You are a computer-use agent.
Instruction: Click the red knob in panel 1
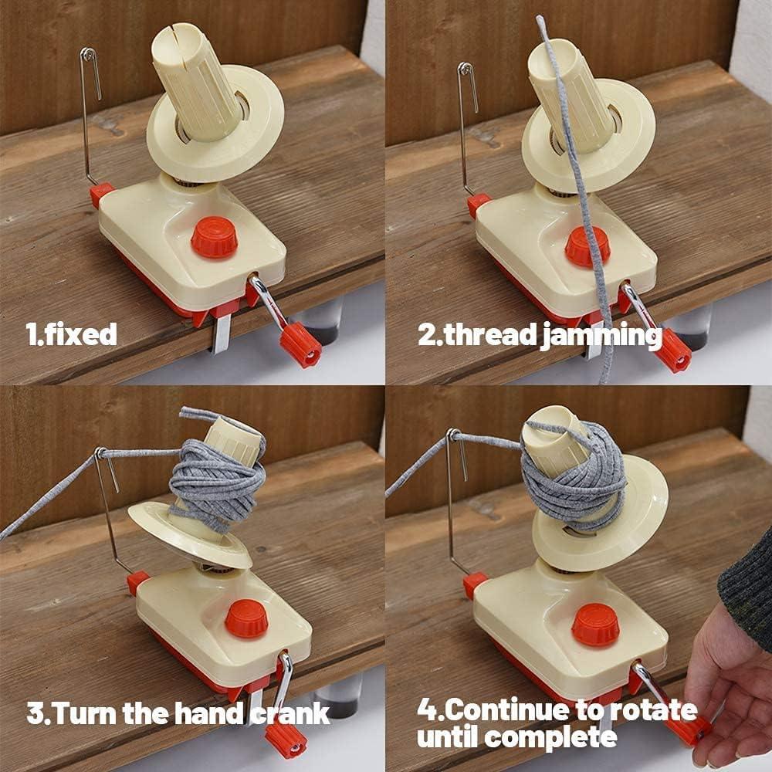213,236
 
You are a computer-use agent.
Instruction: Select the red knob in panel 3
247,618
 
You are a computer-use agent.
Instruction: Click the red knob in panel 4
595,624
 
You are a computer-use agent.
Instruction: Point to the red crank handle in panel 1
300,344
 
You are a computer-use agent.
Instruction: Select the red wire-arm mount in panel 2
478,205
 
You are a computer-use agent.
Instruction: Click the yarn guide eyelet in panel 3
100,453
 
